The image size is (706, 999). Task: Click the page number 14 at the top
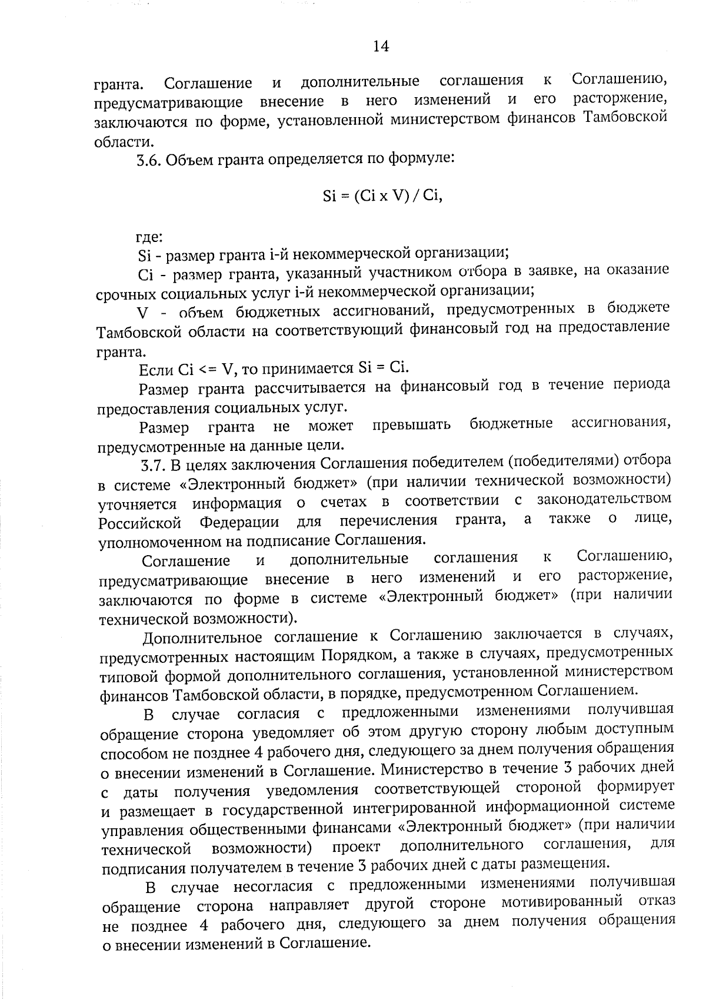(x=381, y=47)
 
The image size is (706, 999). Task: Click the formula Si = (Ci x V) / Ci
(x=382, y=196)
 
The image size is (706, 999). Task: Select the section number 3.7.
(x=154, y=465)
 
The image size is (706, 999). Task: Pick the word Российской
(x=139, y=523)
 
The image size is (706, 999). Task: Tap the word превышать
(x=411, y=425)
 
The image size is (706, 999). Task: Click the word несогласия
(x=276, y=885)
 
